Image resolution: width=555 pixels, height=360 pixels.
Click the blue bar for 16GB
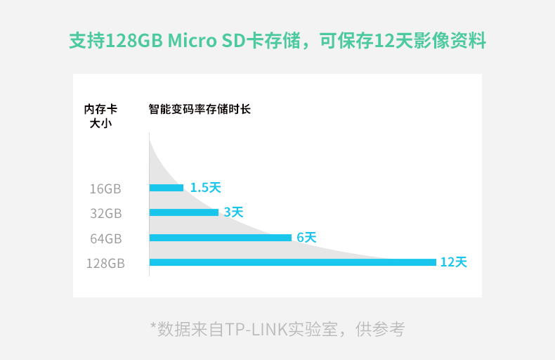click(166, 188)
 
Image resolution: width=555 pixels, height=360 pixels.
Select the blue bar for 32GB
click(184, 212)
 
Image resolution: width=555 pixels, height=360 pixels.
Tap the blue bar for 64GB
click(221, 238)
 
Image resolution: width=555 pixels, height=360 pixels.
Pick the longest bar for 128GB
click(293, 262)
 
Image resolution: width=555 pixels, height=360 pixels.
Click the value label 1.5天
click(205, 188)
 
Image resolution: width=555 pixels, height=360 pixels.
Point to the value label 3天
click(233, 212)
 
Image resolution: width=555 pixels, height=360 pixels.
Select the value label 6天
click(306, 238)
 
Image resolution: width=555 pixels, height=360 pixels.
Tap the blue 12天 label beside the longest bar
click(453, 262)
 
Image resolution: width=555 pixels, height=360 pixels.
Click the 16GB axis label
click(105, 188)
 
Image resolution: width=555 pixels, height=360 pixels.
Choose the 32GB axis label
click(105, 213)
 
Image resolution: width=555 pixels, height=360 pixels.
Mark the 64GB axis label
click(105, 238)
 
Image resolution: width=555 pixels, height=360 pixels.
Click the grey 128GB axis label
click(105, 264)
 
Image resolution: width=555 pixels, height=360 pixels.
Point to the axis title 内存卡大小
click(100, 116)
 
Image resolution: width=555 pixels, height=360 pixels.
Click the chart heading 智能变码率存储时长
click(200, 109)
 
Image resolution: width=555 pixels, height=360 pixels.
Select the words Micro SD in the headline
click(205, 41)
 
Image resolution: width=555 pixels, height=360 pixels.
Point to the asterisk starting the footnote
click(153, 327)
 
